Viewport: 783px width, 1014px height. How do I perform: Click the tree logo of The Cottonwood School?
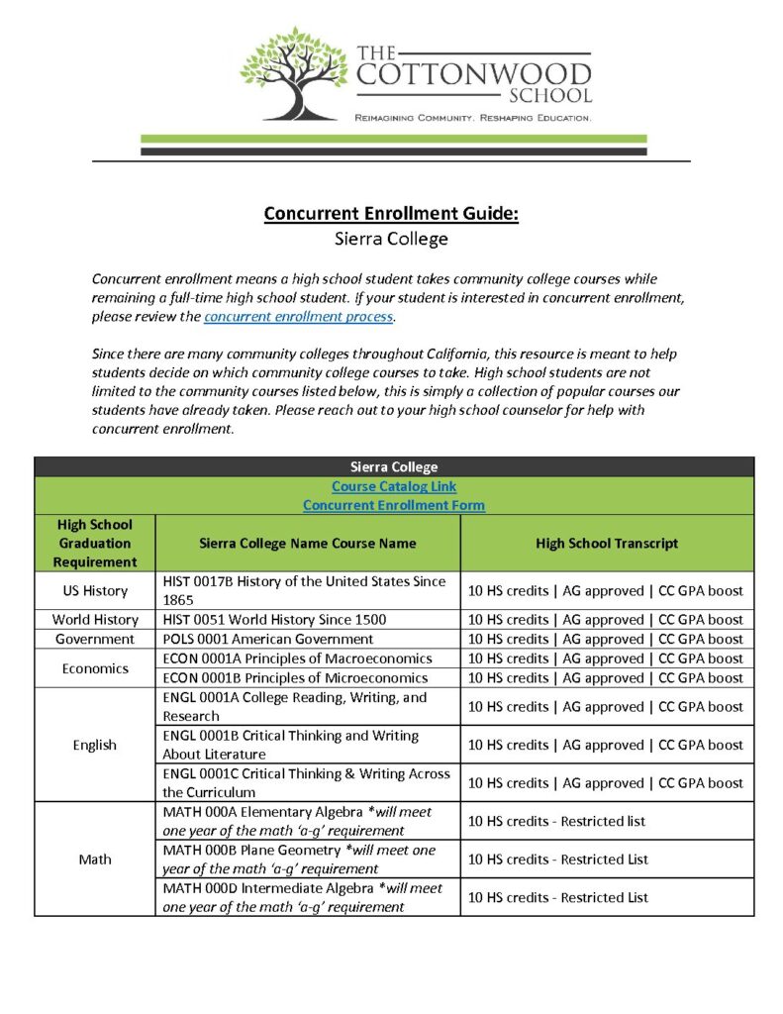coord(292,74)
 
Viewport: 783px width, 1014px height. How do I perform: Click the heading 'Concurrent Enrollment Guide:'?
coord(391,214)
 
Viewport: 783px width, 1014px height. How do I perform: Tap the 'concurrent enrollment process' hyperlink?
coord(298,317)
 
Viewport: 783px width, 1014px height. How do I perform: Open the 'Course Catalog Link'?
coord(394,486)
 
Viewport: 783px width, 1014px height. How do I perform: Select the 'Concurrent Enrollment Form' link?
coord(394,505)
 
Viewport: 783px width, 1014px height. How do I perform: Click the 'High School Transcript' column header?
coord(607,543)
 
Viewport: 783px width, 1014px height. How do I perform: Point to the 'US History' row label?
coord(95,591)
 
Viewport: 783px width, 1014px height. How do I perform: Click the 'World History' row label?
coord(95,620)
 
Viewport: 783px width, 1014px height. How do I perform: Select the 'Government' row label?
coord(95,639)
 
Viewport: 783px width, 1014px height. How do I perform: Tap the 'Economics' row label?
coord(95,668)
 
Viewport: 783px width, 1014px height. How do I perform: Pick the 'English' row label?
coord(95,745)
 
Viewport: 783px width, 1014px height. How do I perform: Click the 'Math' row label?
coord(95,859)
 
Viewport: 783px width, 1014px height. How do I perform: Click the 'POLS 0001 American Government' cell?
coord(267,639)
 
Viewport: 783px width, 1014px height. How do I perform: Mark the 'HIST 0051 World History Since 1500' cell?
coord(274,620)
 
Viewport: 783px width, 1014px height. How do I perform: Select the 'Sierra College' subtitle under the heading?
coord(391,239)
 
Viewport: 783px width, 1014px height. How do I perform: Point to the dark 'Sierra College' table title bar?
coord(394,467)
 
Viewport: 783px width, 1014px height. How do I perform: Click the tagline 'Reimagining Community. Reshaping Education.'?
coord(472,118)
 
